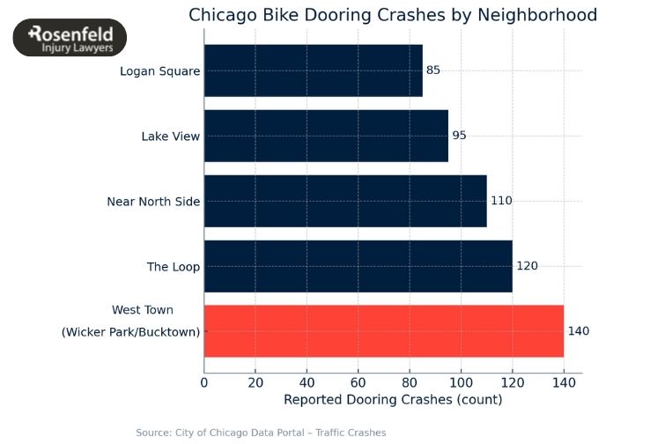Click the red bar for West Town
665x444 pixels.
click(383, 331)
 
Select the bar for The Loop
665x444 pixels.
click(358, 266)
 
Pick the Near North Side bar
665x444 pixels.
click(345, 201)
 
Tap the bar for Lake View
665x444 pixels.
click(326, 136)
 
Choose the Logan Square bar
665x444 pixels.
click(313, 70)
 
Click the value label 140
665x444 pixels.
click(578, 331)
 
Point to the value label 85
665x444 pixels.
click(432, 70)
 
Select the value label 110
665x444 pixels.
click(501, 201)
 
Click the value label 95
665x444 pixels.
click(459, 136)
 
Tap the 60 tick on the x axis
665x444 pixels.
click(358, 382)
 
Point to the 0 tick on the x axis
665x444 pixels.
click(204, 382)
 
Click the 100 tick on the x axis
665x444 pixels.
click(461, 382)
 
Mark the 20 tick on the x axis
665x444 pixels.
click(255, 382)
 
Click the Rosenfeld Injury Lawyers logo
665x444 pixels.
click(70, 39)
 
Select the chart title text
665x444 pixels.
click(393, 15)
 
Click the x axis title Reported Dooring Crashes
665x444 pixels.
click(393, 400)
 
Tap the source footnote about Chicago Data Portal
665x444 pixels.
click(261, 433)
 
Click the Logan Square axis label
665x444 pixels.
click(160, 71)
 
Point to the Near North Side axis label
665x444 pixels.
click(153, 202)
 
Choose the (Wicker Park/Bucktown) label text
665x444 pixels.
click(130, 332)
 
